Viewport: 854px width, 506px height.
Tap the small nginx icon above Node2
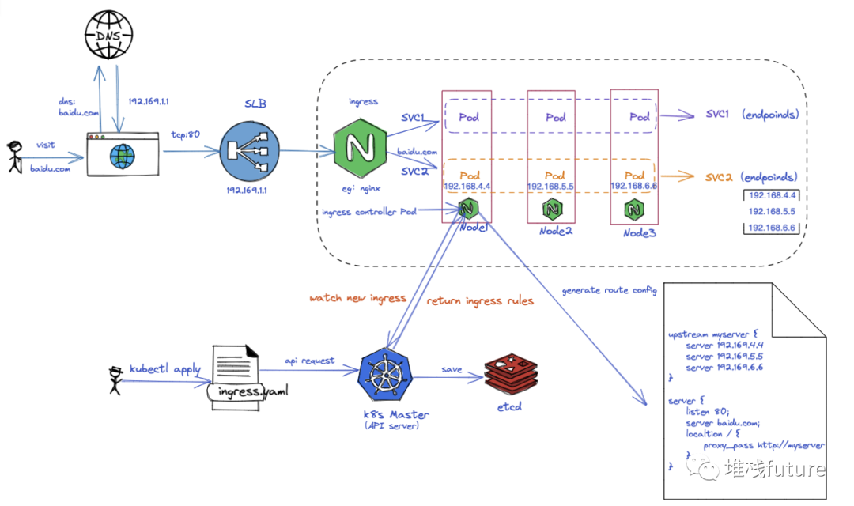pyautogui.click(x=552, y=210)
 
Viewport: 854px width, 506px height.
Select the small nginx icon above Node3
pyautogui.click(x=634, y=210)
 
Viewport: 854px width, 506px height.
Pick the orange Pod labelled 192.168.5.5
pyautogui.click(x=554, y=176)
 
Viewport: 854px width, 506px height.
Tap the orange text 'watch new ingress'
pyautogui.click(x=357, y=298)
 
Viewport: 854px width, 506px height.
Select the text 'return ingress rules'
pyautogui.click(x=480, y=300)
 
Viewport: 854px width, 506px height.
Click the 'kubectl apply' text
pyautogui.click(x=165, y=368)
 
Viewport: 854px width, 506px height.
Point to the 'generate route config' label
pyautogui.click(x=610, y=290)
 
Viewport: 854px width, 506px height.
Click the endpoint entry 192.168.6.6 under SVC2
pyautogui.click(x=771, y=228)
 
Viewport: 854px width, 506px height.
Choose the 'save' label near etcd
pyautogui.click(x=452, y=369)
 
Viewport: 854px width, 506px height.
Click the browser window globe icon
pyautogui.click(x=123, y=154)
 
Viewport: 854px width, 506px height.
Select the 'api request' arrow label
pyautogui.click(x=309, y=361)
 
